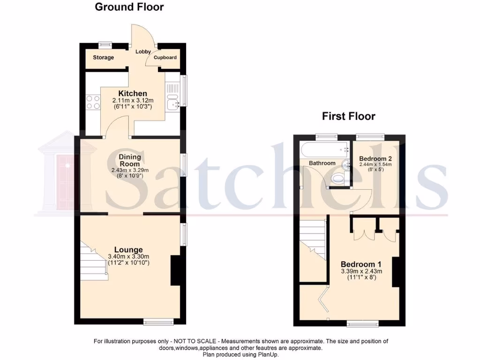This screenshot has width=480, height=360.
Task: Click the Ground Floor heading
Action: click(129, 7)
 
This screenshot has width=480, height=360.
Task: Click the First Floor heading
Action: click(348, 116)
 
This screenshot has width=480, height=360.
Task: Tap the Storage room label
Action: click(103, 58)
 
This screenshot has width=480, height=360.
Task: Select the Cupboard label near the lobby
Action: click(166, 58)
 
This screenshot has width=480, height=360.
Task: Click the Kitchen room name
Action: click(133, 94)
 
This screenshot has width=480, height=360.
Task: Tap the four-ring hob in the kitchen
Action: click(93, 102)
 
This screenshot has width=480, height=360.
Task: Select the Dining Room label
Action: click(129, 161)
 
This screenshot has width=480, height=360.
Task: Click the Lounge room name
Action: click(128, 250)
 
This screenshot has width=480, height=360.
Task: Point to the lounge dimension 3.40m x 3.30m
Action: click(128, 256)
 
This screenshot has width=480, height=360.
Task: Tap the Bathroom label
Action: click(322, 163)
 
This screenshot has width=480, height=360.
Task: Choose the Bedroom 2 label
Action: click(372, 158)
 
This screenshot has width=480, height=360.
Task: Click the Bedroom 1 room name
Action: click(358, 264)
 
